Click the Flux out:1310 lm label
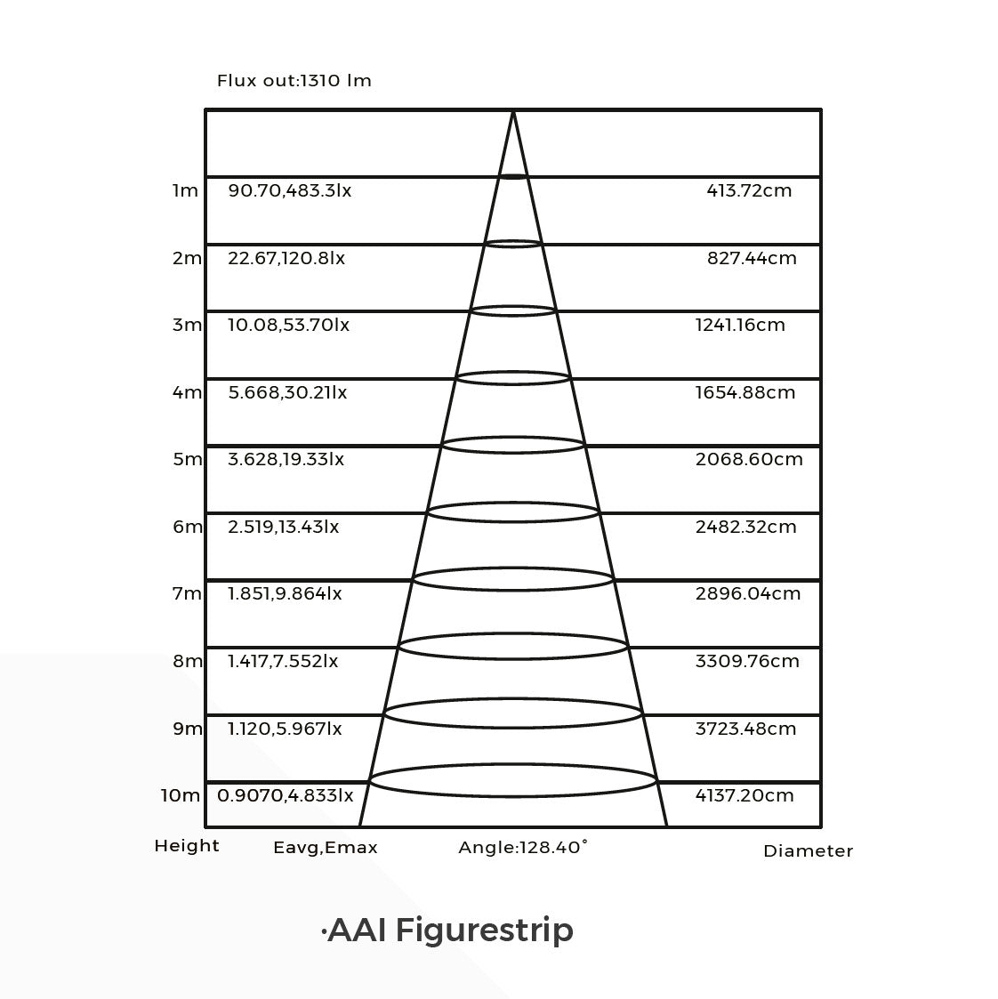pos(294,81)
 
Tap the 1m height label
pos(185,190)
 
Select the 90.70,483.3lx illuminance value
pos(290,190)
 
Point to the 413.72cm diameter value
pos(749,190)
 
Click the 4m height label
pos(188,392)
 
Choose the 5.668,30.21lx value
pos(288,392)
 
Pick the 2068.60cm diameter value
pos(749,459)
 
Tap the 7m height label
pos(188,593)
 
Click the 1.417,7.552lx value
pos(283,661)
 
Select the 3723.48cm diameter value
pos(745,729)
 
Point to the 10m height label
pos(181,796)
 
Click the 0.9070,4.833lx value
pos(286,796)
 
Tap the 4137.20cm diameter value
pos(744,796)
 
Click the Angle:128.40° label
pos(523,848)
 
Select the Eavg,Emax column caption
pos(326,848)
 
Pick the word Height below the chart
pos(187,846)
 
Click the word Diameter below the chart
pos(809,851)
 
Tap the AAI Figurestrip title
pos(447,931)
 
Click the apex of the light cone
pos(513,111)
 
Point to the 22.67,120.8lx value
pos(286,258)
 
